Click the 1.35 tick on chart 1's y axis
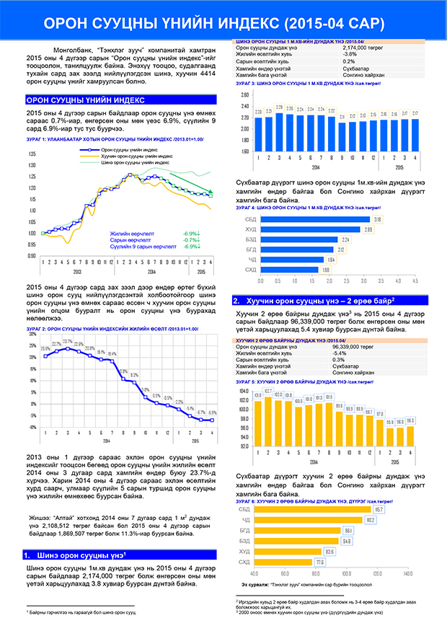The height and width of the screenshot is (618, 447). pos(32,154)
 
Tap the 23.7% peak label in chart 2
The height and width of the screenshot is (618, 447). pos(67,341)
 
